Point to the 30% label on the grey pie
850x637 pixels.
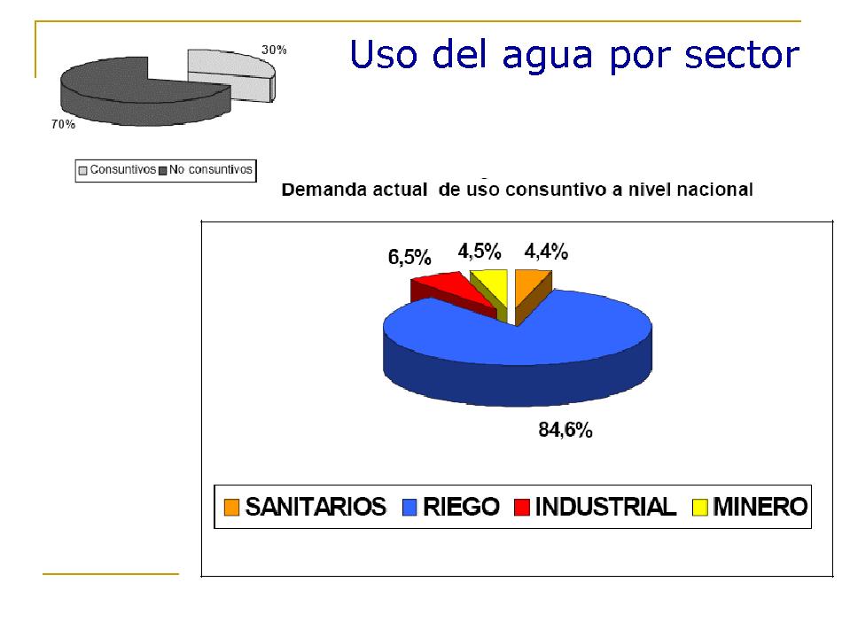[x=274, y=50]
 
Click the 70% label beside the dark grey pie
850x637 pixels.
[x=64, y=125]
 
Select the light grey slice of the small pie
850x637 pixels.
[x=230, y=74]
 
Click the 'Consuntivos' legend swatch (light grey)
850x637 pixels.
[x=83, y=171]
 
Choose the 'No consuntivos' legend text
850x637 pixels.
[x=210, y=169]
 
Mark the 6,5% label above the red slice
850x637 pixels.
[x=409, y=257]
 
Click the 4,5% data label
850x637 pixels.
[x=480, y=252]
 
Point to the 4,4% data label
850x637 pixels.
[x=546, y=252]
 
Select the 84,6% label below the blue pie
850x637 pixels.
[x=565, y=430]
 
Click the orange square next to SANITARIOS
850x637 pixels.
[x=231, y=508]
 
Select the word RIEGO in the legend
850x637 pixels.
[x=461, y=507]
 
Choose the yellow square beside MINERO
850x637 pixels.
[x=700, y=508]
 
